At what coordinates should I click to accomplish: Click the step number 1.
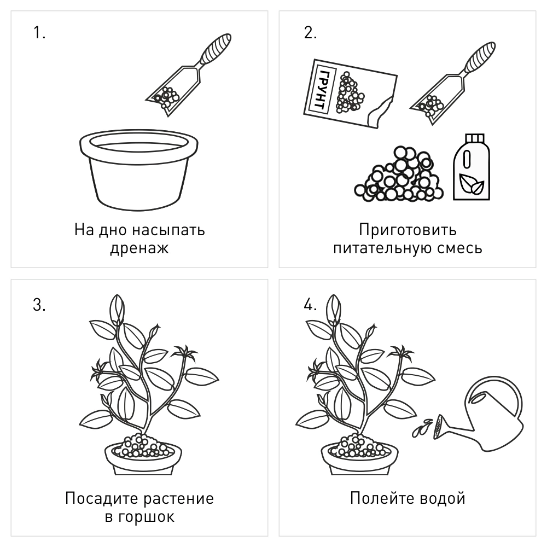pos(39,33)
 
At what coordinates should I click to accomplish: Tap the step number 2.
pos(310,33)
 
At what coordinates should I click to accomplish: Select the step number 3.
pos(39,305)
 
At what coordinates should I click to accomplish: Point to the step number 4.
pos(310,305)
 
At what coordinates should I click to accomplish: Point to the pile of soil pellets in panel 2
pos(394,175)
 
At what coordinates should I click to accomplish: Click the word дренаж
pos(139,248)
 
